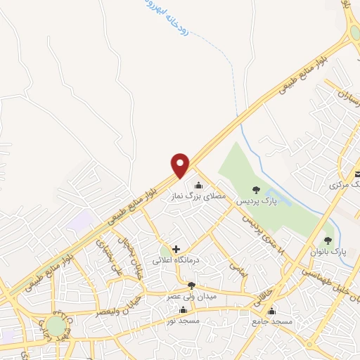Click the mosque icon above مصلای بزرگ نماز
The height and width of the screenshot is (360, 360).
pos(198,186)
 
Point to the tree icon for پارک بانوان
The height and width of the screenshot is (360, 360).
pos(328,240)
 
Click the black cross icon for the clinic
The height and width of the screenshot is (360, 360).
pos(175,248)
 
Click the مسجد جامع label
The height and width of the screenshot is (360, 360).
pos(271,321)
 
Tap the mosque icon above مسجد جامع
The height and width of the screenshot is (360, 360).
pos(271,311)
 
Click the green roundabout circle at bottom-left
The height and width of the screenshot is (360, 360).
pos(54,326)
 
